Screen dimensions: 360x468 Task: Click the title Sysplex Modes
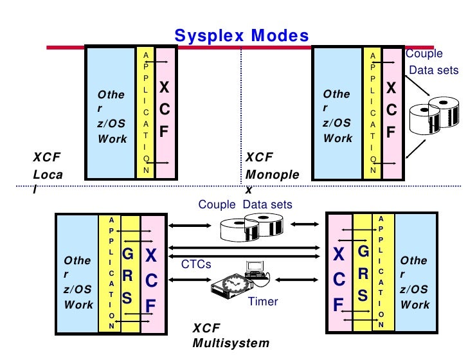point(242,36)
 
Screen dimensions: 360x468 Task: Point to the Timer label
point(262,301)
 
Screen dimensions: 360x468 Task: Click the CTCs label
point(195,264)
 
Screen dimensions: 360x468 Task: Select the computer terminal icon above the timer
point(256,269)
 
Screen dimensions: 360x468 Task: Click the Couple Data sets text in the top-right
point(433,62)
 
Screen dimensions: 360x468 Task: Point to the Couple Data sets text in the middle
point(245,205)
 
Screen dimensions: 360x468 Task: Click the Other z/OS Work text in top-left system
point(112,116)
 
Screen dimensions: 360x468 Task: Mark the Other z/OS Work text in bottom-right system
point(414,283)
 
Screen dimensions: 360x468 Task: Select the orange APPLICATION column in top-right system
point(372,113)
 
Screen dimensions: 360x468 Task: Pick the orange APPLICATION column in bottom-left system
point(111,273)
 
